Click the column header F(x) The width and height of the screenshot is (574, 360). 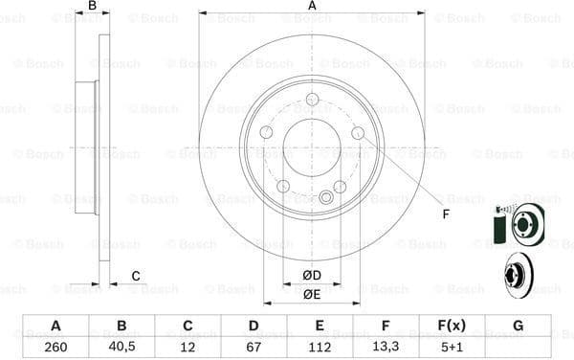[x=452, y=326]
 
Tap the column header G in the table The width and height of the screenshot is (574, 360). [x=518, y=326]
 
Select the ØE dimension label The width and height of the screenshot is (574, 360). [x=312, y=295]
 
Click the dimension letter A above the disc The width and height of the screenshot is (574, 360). [x=312, y=7]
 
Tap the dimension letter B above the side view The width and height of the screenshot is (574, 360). [x=93, y=7]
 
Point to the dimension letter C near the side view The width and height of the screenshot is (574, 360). [x=136, y=277]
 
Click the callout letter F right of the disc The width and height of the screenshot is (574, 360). [x=445, y=213]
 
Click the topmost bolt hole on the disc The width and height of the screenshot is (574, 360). [x=312, y=100]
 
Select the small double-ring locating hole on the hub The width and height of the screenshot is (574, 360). [x=325, y=198]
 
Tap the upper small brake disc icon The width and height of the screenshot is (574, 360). [x=524, y=226]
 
